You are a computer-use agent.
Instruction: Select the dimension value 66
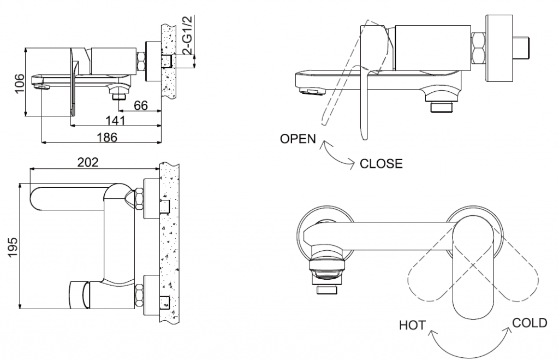(x=141, y=105)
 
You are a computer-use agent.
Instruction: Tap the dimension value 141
(x=115, y=120)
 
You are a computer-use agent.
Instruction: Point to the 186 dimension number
(x=107, y=137)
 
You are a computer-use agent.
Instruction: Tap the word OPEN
(x=298, y=139)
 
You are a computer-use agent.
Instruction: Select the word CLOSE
(x=381, y=163)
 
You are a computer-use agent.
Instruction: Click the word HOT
(x=412, y=326)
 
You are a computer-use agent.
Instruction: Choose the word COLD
(x=529, y=323)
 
